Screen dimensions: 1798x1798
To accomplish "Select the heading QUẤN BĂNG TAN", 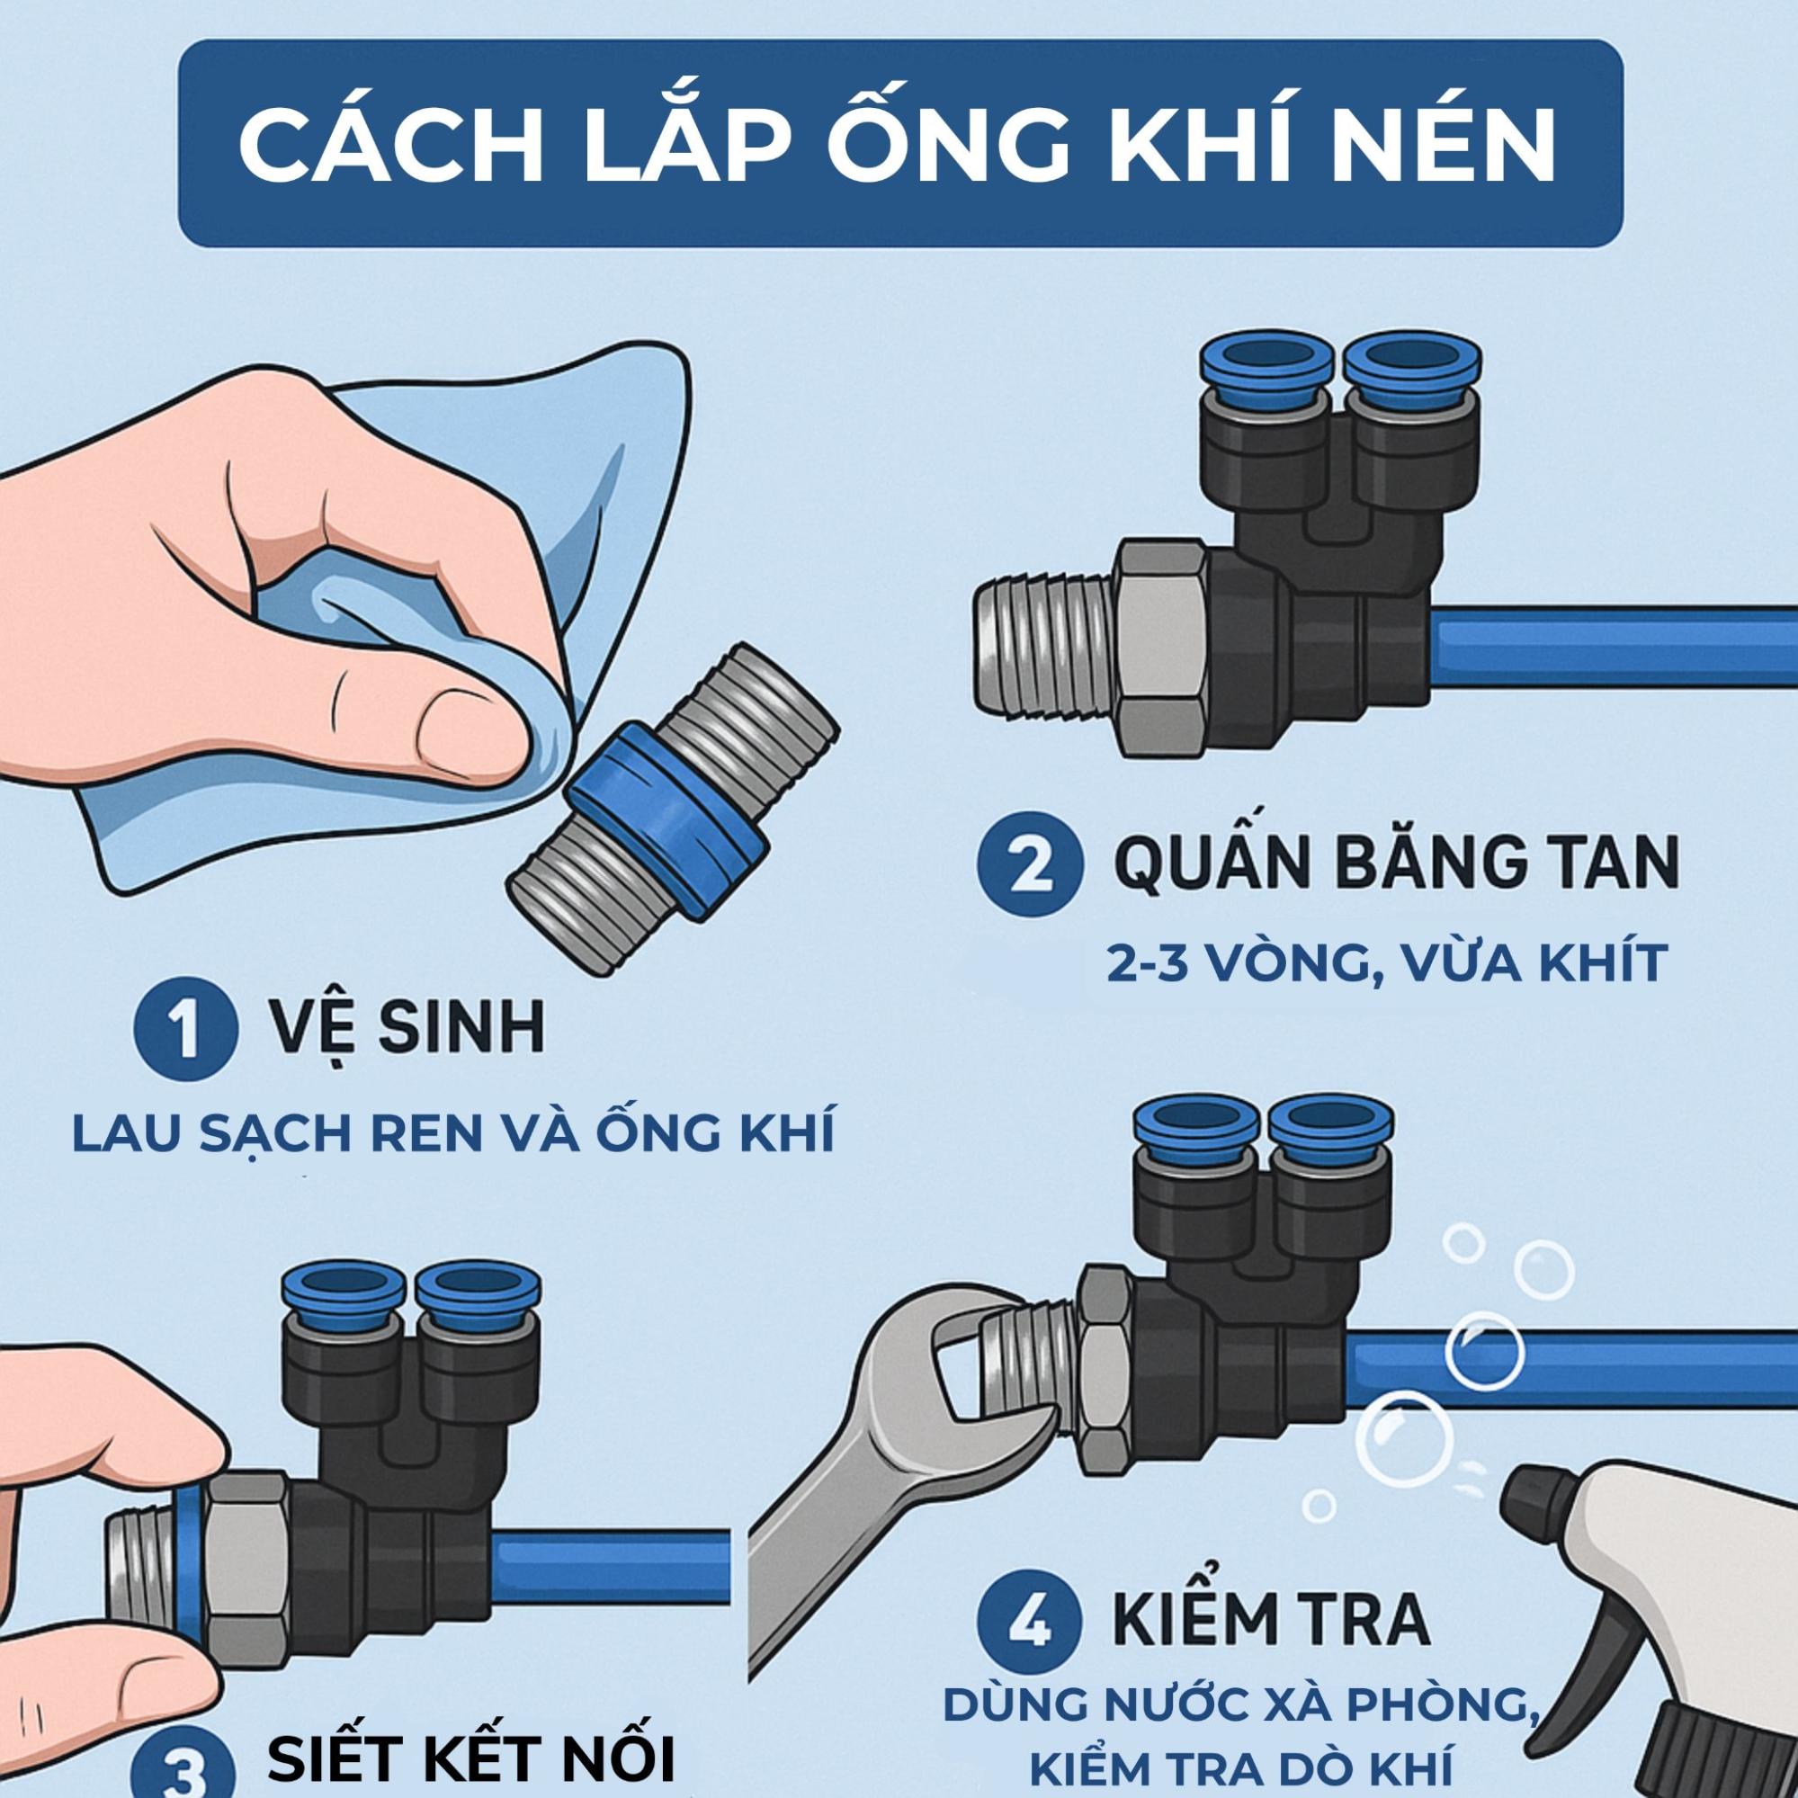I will coord(1396,865).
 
